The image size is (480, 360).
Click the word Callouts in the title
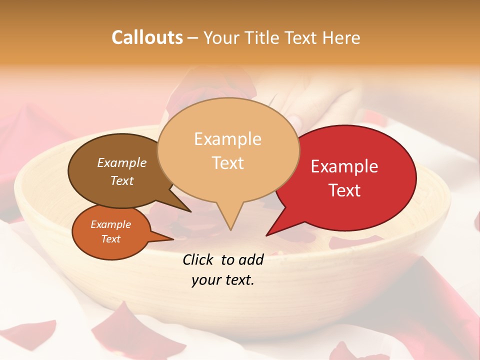coord(147,37)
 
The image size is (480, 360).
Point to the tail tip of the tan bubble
coord(230,230)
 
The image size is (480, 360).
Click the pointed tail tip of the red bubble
coord(266,235)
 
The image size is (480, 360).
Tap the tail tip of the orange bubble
coord(173,239)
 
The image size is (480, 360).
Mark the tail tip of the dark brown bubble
coord(191,211)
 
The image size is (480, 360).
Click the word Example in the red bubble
coord(344,166)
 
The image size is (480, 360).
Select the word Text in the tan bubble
coord(228,163)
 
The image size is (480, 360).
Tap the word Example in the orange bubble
coord(110,224)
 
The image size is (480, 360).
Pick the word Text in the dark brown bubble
coord(122,180)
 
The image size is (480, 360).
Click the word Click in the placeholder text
coord(198,259)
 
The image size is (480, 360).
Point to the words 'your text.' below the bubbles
coord(223,280)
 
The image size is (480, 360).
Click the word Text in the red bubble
coord(344,190)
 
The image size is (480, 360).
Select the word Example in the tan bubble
coord(228,139)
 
